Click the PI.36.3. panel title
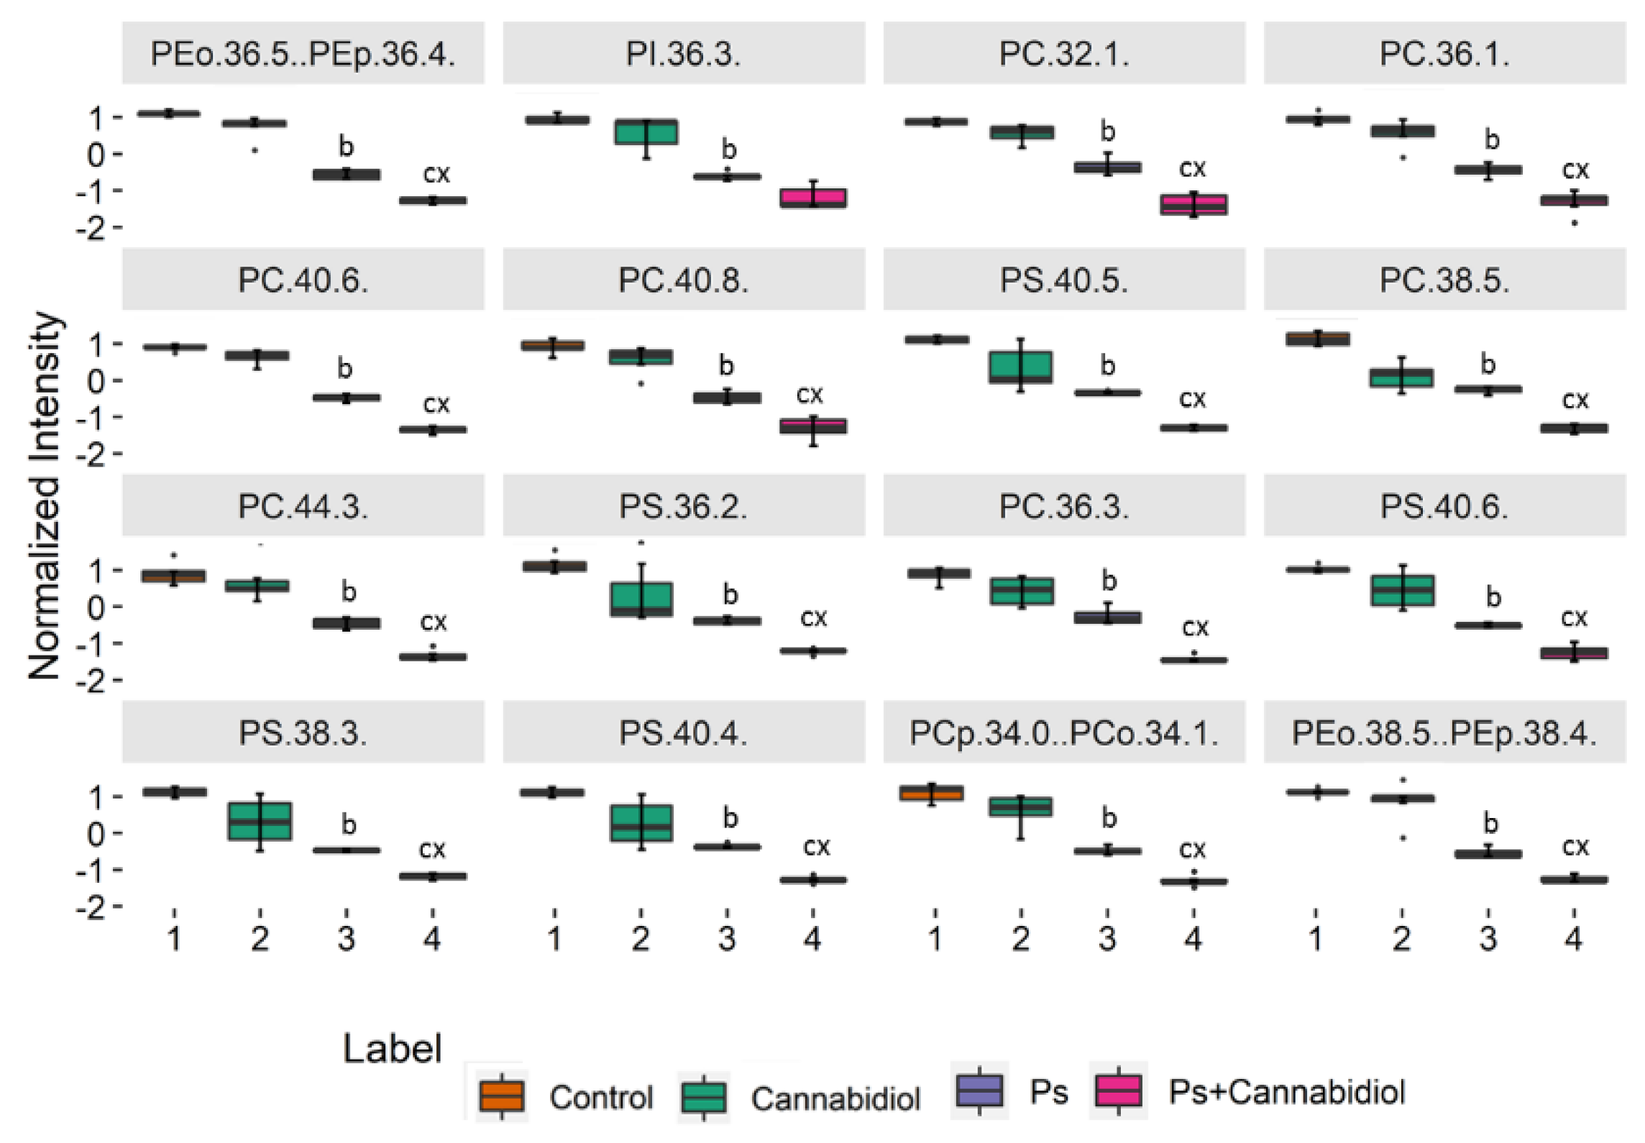pos(683,54)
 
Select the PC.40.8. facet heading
pos(683,280)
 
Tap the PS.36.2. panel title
pos(683,507)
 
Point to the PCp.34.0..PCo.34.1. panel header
pos(1064,733)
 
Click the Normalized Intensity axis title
pos(45,496)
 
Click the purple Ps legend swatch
pos(979,1090)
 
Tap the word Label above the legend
pos(392,1049)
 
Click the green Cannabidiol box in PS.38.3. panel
pos(260,821)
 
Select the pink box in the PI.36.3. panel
pos(813,198)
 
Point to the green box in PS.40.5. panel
pos(1021,367)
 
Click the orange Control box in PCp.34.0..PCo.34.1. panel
pos(932,794)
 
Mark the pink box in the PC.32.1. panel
pos(1193,204)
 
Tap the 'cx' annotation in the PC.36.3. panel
pos(1195,628)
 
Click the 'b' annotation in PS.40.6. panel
pos(1493,597)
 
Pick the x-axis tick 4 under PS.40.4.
pos(812,938)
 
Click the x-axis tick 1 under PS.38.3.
pos(174,938)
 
